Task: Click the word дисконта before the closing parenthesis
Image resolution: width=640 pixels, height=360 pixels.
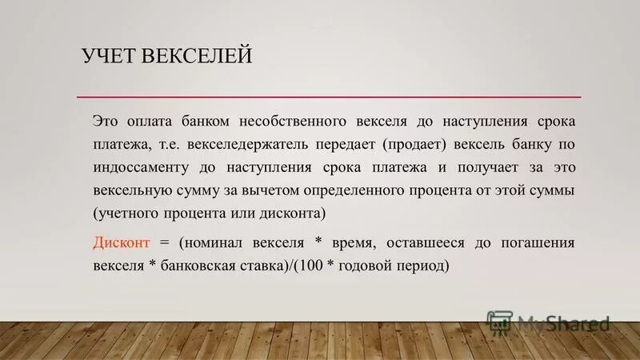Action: [292, 214]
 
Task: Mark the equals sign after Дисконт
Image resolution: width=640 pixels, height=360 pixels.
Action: [166, 242]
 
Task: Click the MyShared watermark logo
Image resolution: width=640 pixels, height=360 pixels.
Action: [549, 322]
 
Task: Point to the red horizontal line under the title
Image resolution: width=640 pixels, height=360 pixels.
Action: [328, 98]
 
